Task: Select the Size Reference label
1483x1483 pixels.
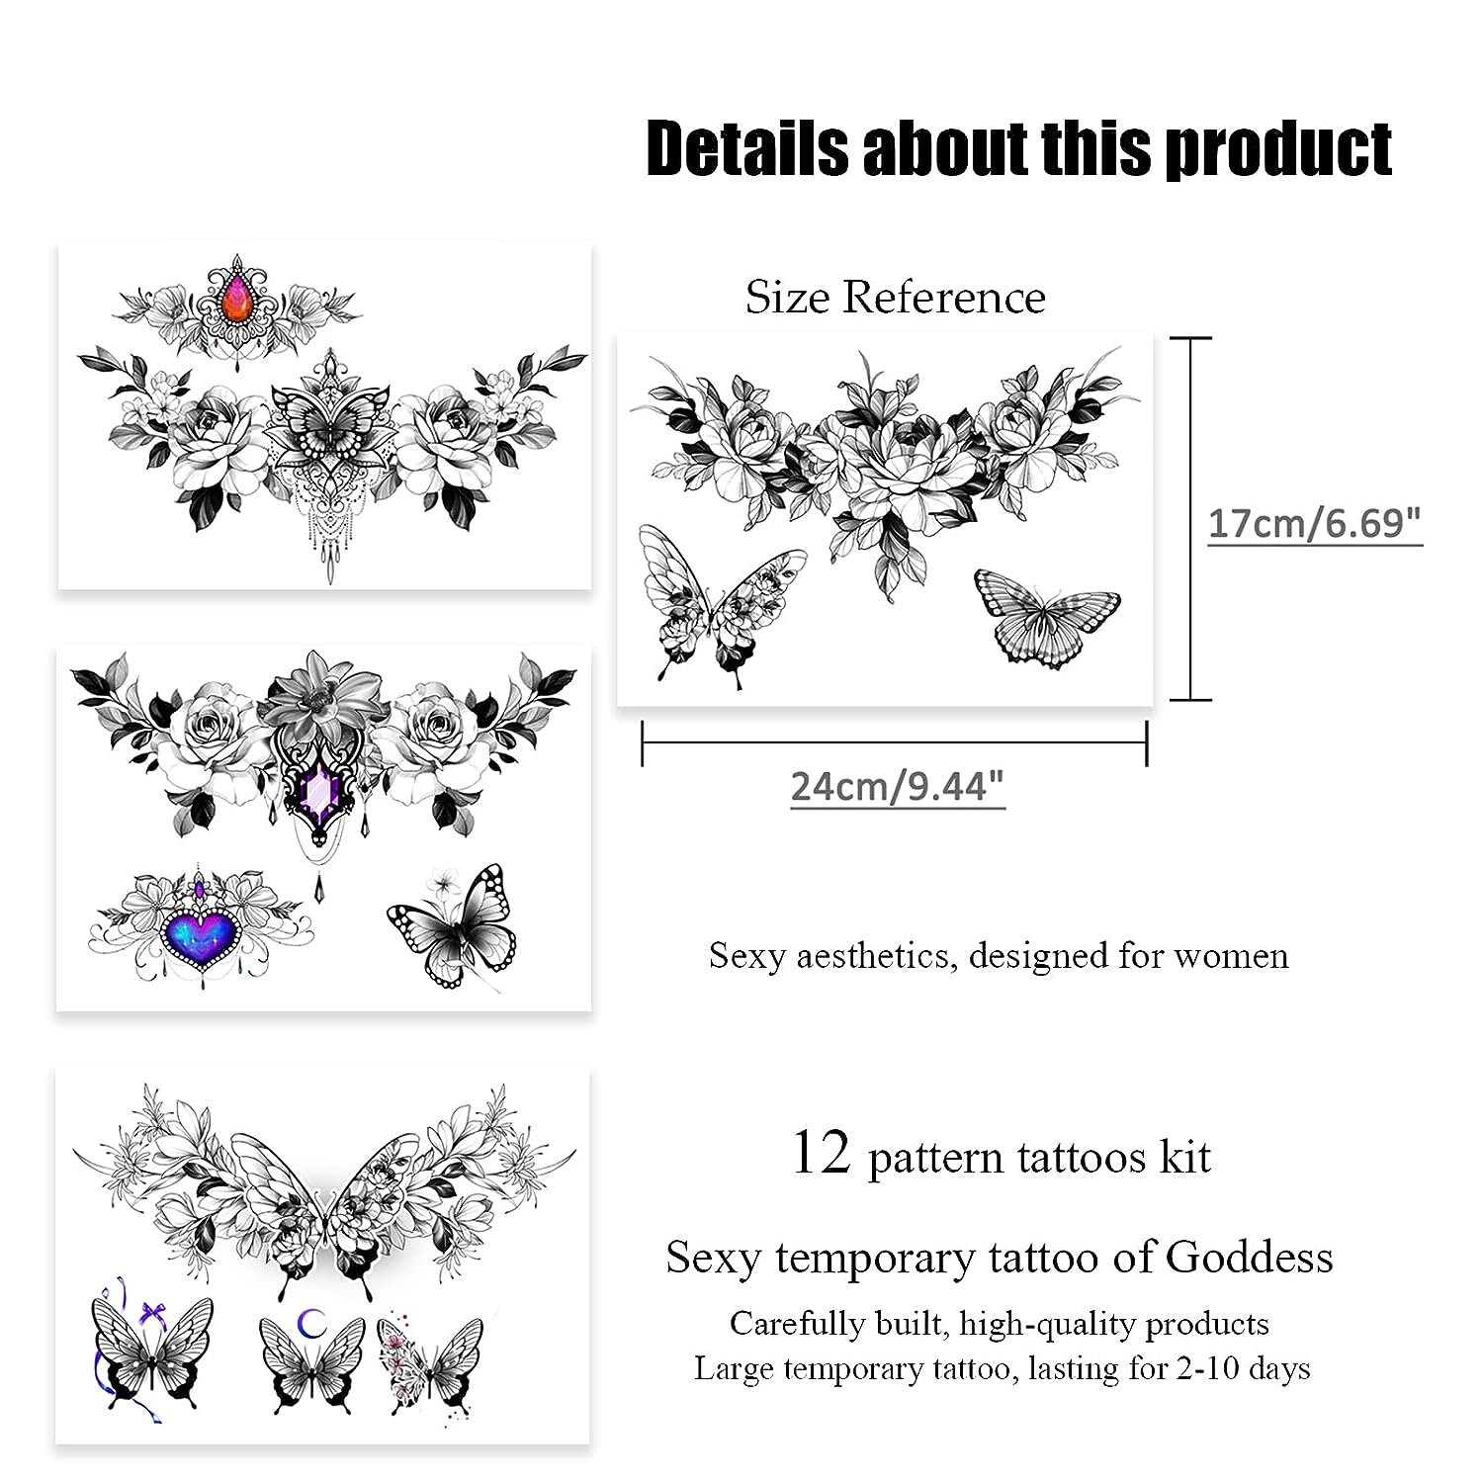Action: click(895, 298)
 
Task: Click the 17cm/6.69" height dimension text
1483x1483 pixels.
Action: click(1315, 523)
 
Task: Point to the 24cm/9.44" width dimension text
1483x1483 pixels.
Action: click(898, 787)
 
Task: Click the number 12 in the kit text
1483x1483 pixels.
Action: click(821, 1154)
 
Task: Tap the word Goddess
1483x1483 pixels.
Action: click(1249, 1258)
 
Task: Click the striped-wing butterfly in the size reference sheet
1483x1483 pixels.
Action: click(1047, 616)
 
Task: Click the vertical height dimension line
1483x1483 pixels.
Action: click(1189, 519)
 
